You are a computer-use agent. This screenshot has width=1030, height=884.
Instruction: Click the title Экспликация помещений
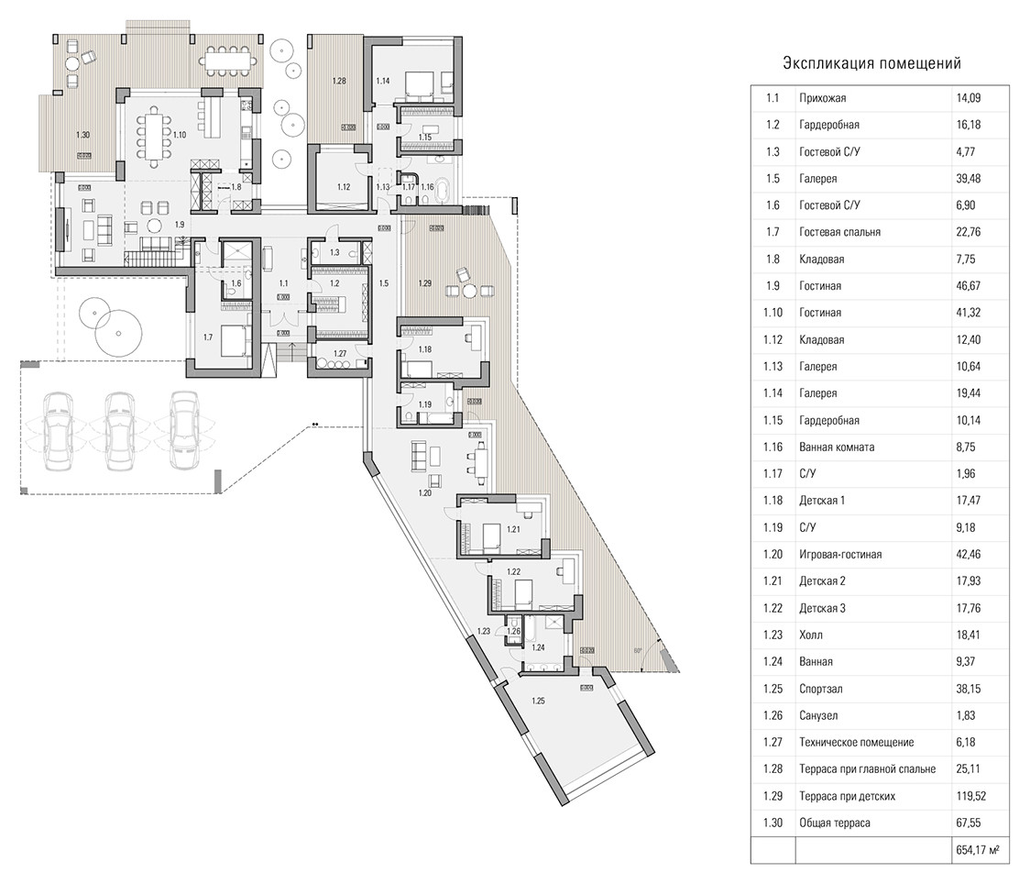(871, 63)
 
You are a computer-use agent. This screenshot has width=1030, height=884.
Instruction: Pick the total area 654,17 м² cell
(975, 850)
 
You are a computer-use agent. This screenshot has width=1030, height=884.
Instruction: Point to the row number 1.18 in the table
(772, 501)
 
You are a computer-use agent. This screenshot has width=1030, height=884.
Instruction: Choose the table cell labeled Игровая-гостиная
(839, 555)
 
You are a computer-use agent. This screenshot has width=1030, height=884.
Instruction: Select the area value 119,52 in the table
(971, 796)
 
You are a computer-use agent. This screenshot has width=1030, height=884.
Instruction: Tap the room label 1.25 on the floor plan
(539, 702)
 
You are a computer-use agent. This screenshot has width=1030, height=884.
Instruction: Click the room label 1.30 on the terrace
(82, 136)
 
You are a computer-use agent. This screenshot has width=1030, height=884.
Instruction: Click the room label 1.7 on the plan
(208, 337)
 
